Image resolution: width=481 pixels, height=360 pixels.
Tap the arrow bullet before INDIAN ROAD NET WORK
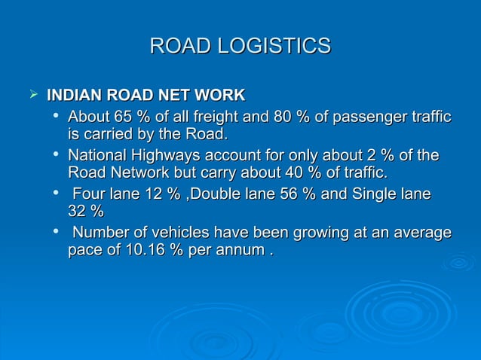(x=32, y=96)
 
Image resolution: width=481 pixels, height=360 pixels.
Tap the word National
(x=96, y=156)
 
